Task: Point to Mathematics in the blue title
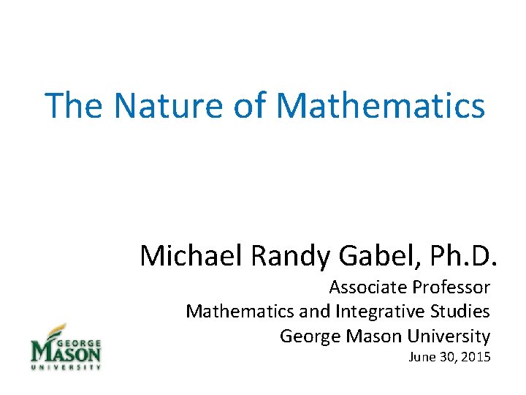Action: [x=381, y=105]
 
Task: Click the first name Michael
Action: [x=191, y=255]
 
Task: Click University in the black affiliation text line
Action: [x=449, y=336]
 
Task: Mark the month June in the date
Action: [x=422, y=358]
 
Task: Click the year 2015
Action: [x=475, y=358]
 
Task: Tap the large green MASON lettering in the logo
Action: [x=66, y=354]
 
